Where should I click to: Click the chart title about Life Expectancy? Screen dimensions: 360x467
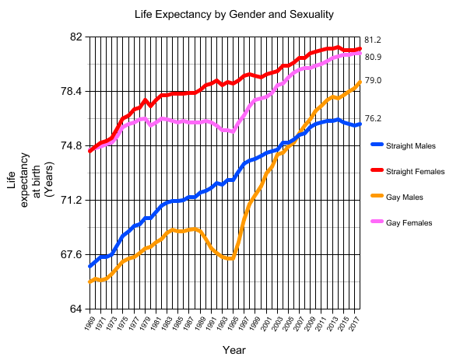(x=233, y=15)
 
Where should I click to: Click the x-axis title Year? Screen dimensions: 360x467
(x=233, y=351)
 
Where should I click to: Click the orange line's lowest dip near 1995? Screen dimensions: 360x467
(x=230, y=258)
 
